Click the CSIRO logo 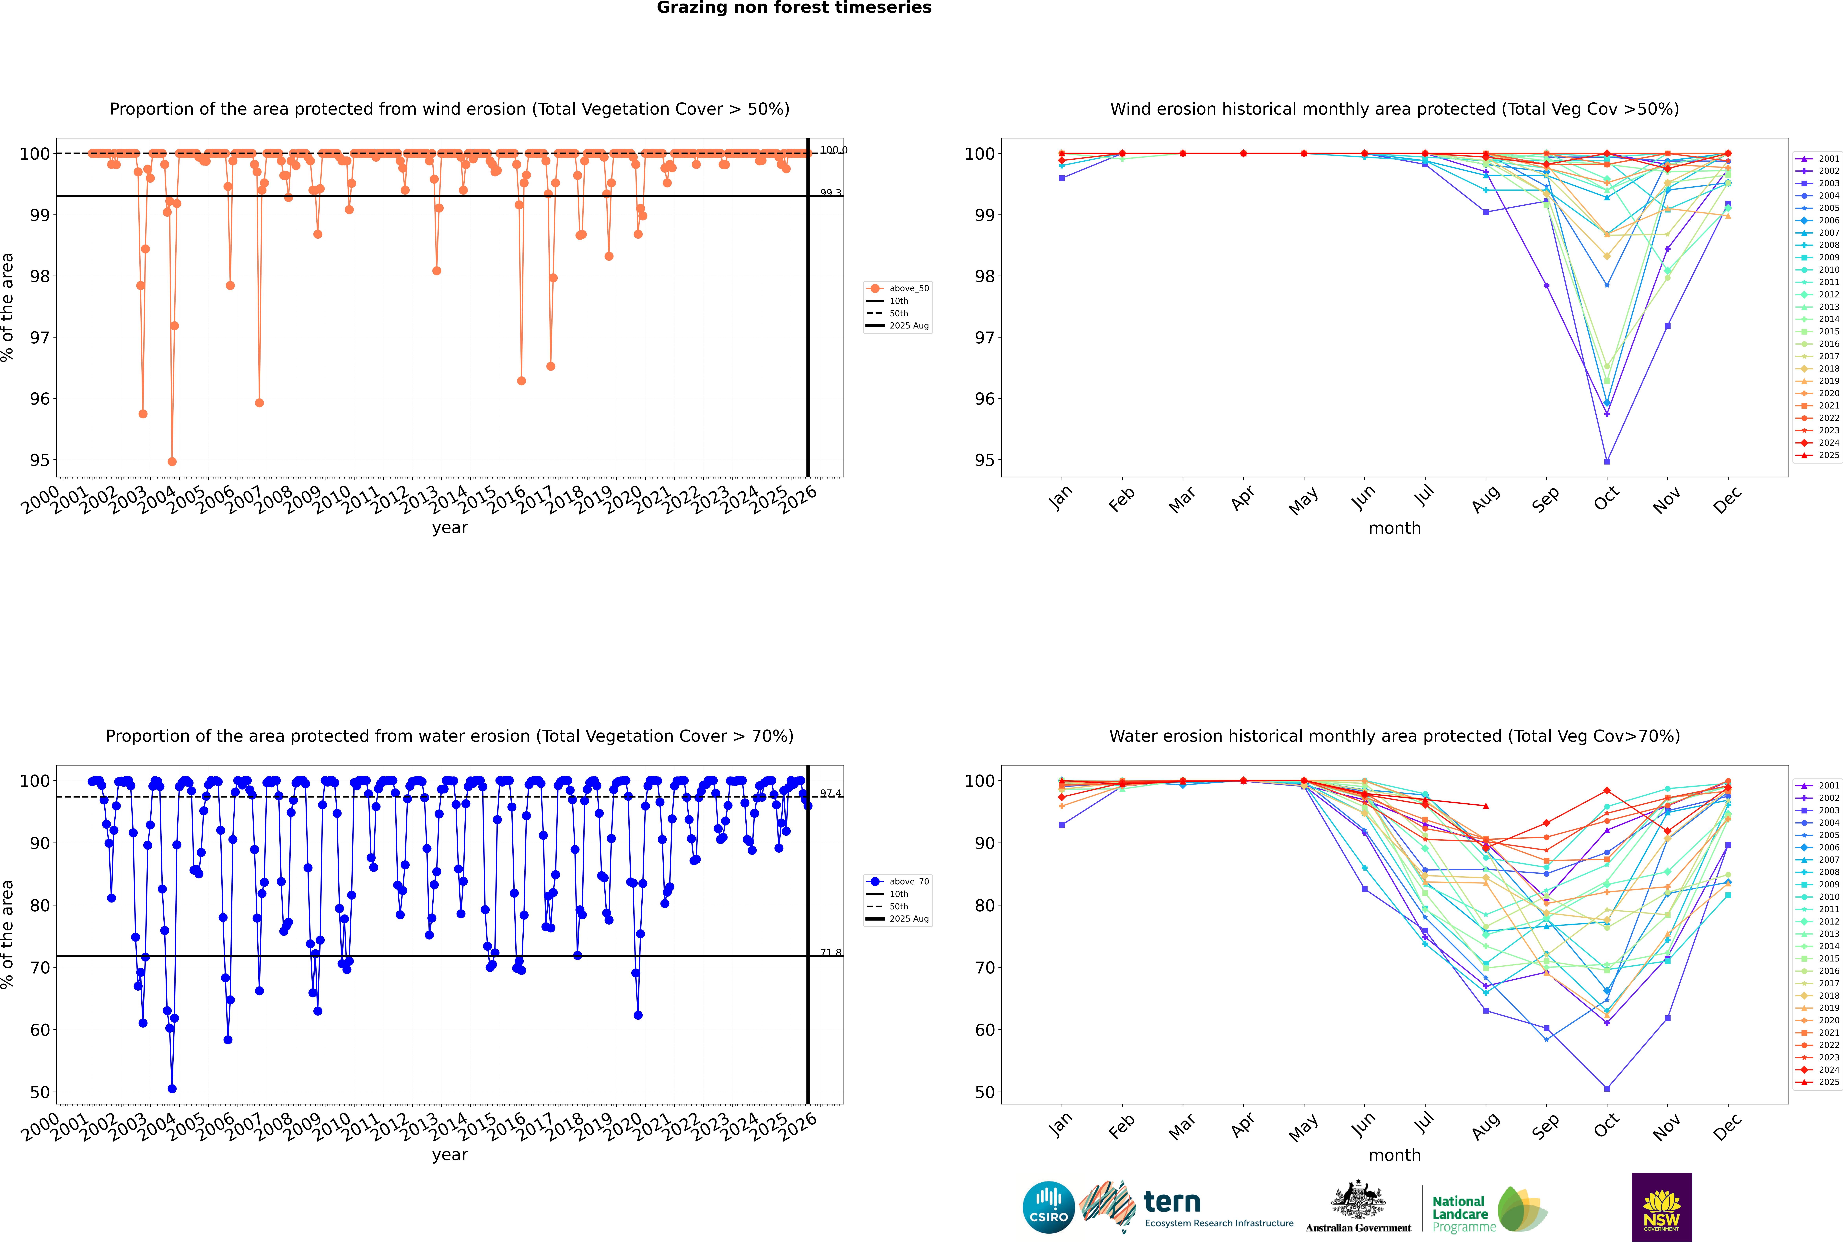point(1048,1207)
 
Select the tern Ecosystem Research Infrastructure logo point(1186,1207)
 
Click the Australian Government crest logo point(1358,1207)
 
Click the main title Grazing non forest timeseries point(794,8)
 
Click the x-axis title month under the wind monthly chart point(1394,528)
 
